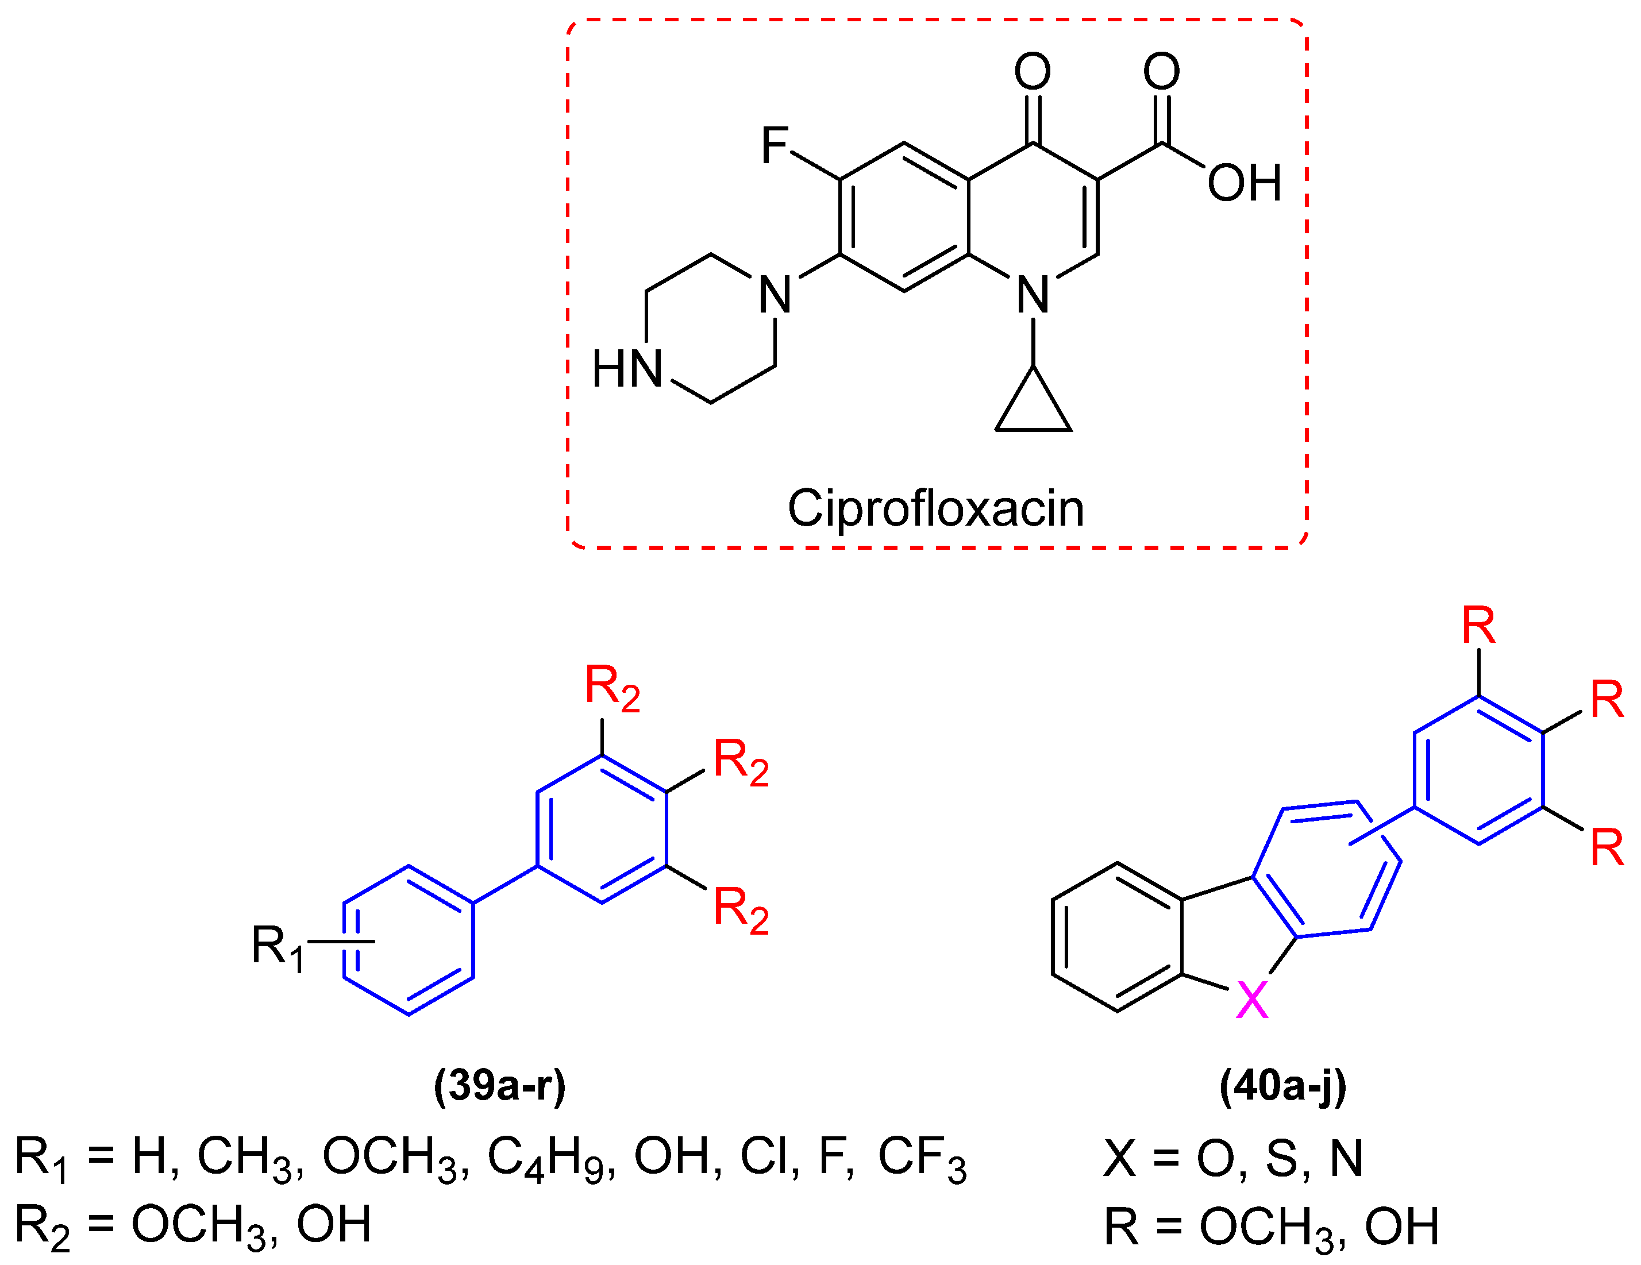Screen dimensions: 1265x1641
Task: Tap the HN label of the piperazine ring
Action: [x=627, y=369]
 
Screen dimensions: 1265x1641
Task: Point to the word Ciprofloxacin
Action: [x=935, y=508]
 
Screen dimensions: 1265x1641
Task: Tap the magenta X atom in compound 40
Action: [x=1253, y=1000]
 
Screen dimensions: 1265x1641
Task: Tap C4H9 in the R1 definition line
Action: [x=551, y=1158]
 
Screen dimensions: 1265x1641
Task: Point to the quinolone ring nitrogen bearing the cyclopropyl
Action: [x=1033, y=295]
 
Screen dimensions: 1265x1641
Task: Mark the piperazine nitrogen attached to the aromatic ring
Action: [x=775, y=295]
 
